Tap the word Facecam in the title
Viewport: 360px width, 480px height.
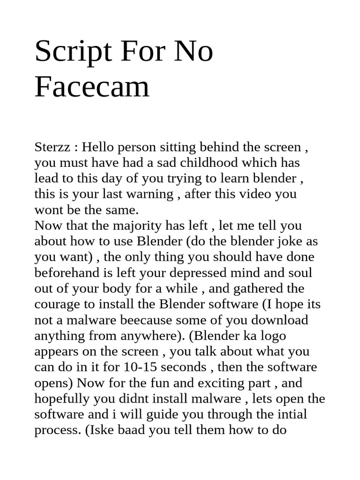tap(92, 87)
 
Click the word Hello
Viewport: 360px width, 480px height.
tap(99, 147)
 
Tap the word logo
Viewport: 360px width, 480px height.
tap(270, 336)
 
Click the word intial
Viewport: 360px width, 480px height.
tap(292, 415)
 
